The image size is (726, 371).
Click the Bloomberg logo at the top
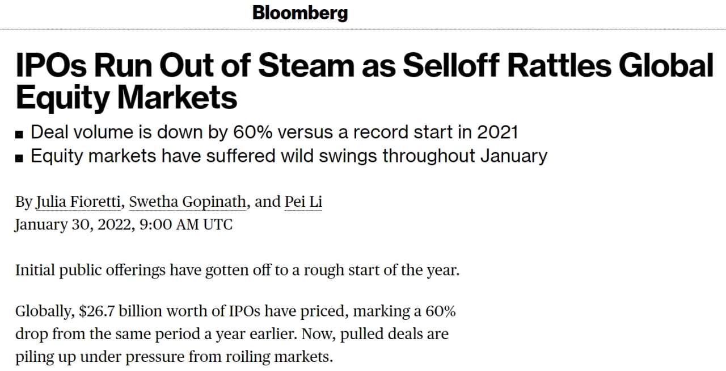(x=300, y=14)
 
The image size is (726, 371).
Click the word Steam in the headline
(x=307, y=65)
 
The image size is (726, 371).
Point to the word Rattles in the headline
(x=559, y=65)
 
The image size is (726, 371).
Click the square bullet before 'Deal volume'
(x=19, y=135)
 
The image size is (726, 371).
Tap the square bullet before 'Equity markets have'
(x=19, y=158)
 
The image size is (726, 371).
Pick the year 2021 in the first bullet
(x=497, y=132)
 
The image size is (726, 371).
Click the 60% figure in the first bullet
(x=252, y=132)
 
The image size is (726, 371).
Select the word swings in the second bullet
(x=348, y=156)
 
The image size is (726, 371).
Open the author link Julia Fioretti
(x=78, y=202)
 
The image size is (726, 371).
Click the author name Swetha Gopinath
(x=188, y=202)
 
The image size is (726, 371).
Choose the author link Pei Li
(x=303, y=202)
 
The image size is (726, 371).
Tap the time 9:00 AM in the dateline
(x=169, y=224)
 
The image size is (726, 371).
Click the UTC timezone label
(x=218, y=224)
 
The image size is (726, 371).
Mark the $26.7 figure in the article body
(x=96, y=311)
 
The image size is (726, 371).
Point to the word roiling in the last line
(x=248, y=357)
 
